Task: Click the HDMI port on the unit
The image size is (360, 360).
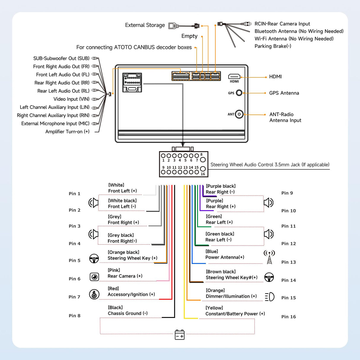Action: click(234, 77)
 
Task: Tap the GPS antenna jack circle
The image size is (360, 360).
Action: click(239, 93)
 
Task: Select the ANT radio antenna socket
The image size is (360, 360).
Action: click(239, 114)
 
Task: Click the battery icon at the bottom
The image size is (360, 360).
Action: click(180, 334)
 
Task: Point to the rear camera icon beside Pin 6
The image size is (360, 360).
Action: click(94, 277)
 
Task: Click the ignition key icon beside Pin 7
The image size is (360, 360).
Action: click(94, 294)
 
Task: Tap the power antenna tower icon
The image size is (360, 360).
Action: click(269, 257)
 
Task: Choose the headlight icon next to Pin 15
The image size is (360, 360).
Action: click(270, 297)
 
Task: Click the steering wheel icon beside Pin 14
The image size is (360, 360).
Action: click(269, 278)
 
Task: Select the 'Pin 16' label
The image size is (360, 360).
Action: click(289, 317)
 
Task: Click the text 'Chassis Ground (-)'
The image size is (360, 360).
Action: click(128, 313)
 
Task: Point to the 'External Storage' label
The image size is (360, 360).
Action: click(145, 25)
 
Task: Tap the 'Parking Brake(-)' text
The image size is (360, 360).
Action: click(273, 46)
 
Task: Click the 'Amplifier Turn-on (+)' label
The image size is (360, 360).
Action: click(67, 132)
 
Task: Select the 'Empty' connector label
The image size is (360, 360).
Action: click(189, 36)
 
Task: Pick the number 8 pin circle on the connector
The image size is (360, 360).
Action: click(203, 160)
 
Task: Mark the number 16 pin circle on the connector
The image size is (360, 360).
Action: click(203, 169)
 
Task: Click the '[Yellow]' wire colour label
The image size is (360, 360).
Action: click(214, 308)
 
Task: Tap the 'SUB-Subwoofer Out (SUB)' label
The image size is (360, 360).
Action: click(61, 58)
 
